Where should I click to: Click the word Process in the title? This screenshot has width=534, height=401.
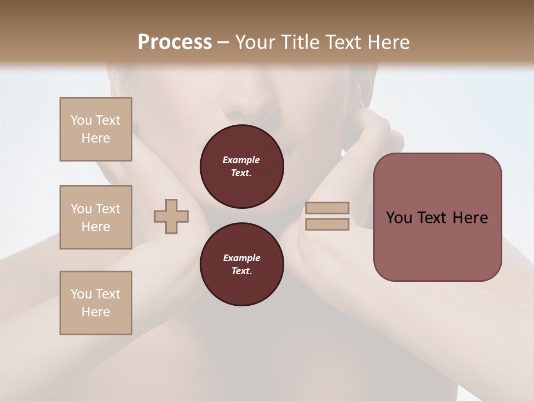pyautogui.click(x=175, y=42)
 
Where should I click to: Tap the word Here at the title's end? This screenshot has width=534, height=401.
pyautogui.click(x=388, y=42)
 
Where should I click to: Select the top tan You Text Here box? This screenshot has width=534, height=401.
pyautogui.click(x=96, y=129)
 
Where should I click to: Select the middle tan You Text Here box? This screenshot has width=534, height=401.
pyautogui.click(x=96, y=217)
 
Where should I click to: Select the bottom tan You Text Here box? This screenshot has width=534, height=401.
pyautogui.click(x=96, y=302)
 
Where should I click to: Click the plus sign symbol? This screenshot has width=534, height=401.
pyautogui.click(x=171, y=217)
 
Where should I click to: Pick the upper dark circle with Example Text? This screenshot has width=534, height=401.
pyautogui.click(x=241, y=167)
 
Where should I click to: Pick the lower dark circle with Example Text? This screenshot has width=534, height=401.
pyautogui.click(x=241, y=265)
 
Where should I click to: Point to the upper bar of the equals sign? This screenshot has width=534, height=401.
pyautogui.click(x=327, y=208)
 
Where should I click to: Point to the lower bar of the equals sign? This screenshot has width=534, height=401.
pyautogui.click(x=327, y=224)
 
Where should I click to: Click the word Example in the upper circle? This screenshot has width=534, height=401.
pyautogui.click(x=241, y=160)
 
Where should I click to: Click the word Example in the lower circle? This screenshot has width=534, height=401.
pyautogui.click(x=241, y=258)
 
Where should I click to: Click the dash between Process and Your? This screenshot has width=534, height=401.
pyautogui.click(x=223, y=43)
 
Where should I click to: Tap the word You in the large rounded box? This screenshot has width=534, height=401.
pyautogui.click(x=399, y=218)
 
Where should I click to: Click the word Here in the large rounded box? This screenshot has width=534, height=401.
pyautogui.click(x=471, y=218)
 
